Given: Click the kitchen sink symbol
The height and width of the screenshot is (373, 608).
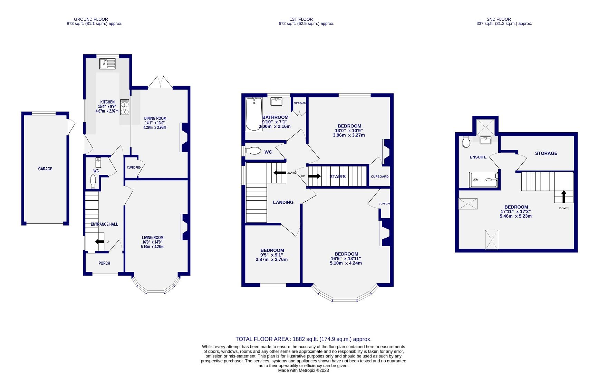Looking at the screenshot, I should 107,64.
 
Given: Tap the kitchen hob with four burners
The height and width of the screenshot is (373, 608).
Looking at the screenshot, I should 124,107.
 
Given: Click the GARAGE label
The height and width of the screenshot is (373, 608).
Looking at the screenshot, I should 45,169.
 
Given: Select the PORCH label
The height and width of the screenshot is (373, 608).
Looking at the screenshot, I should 104,263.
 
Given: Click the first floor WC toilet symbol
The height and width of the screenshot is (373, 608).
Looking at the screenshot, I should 253,151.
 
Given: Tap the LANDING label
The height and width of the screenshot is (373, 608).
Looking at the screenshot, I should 283,202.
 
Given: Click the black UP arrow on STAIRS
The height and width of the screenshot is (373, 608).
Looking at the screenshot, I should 314,176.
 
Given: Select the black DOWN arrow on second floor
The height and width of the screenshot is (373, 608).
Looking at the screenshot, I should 563,197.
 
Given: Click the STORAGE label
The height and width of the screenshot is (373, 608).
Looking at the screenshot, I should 546,153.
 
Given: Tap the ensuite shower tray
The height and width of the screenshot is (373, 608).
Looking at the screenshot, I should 484,180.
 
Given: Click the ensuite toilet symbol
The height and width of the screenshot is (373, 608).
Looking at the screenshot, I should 466,142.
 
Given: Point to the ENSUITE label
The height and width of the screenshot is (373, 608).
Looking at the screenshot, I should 478,157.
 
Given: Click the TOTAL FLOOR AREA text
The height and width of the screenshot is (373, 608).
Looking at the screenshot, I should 303,339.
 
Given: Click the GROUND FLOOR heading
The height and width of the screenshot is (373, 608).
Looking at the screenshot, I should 91,19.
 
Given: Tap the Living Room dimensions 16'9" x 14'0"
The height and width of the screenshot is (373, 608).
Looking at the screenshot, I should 152,242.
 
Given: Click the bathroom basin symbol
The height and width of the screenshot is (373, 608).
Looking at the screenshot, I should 277,102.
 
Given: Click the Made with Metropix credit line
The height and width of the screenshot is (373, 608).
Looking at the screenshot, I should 303,370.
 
